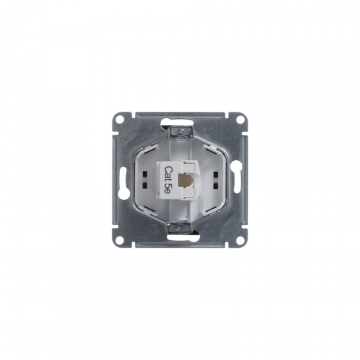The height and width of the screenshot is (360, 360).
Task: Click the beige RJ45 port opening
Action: (x=181, y=179)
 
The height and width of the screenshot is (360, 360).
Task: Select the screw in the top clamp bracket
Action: (x=179, y=130)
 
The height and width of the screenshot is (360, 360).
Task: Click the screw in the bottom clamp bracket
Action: (x=180, y=228)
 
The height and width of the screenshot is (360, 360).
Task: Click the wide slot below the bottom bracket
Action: (x=180, y=238)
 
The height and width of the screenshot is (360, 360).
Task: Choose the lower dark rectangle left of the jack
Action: (x=147, y=182)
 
